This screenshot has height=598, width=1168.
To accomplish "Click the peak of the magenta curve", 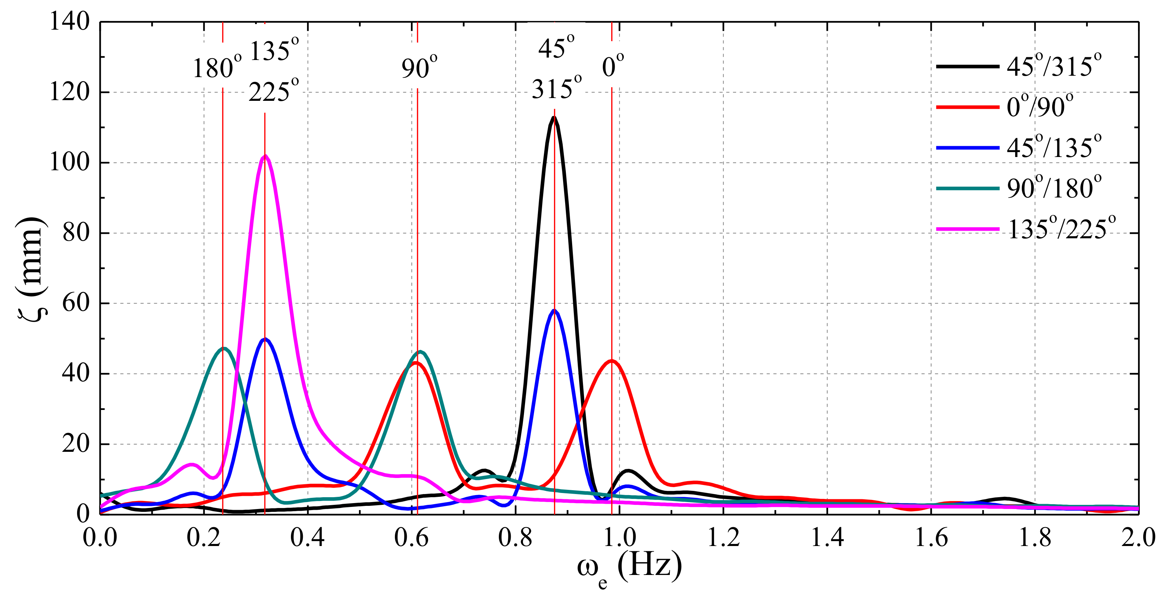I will (x=265, y=156).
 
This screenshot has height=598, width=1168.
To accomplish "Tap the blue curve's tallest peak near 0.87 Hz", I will (x=554, y=311).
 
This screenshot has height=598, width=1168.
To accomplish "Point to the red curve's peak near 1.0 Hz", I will (x=612, y=361).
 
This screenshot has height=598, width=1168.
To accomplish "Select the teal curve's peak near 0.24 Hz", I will (x=224, y=348).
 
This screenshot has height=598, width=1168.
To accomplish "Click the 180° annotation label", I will (x=217, y=68).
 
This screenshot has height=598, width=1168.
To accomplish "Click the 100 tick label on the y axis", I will (x=69, y=162).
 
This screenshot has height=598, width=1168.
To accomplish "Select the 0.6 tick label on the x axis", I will (x=411, y=538).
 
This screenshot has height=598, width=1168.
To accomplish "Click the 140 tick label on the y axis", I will (x=69, y=21).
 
